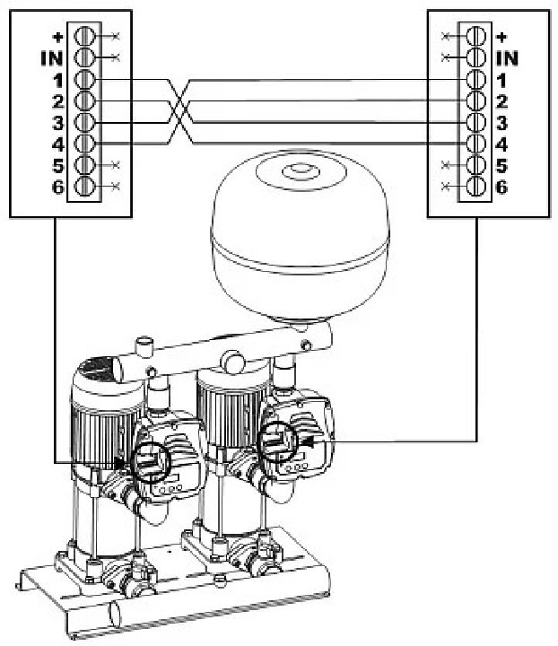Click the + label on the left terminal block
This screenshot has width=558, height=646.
coord(58,37)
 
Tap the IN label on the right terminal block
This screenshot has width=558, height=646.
coord(507,58)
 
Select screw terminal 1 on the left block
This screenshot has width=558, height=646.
coord(85,80)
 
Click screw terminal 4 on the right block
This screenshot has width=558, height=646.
coord(476,144)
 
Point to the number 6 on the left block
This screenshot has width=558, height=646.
coord(58,187)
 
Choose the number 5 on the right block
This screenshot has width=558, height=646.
coord(501,166)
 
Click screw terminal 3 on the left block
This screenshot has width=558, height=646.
coord(85,122)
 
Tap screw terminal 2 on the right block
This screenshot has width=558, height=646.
coord(476,100)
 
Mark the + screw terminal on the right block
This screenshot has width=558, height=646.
coord(476,36)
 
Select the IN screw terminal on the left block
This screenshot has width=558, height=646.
coord(85,57)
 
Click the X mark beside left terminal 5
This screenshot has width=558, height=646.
coord(116,165)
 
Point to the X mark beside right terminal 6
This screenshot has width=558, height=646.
coord(445,187)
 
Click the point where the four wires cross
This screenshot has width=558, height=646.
coord(179,111)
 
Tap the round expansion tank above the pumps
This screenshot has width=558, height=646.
coord(300,235)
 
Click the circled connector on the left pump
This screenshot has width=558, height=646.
coord(151,462)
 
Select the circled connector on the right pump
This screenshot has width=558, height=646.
coord(277,441)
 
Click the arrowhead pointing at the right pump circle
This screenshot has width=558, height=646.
coord(306,441)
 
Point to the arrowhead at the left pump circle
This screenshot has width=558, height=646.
coord(120,463)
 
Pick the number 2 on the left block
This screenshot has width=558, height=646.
coord(58,101)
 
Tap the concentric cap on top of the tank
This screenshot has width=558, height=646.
coord(301,172)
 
